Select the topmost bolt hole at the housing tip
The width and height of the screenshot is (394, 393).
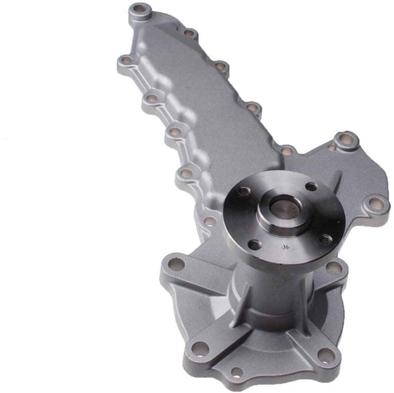[140, 8]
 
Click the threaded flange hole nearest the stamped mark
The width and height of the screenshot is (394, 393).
[255, 245]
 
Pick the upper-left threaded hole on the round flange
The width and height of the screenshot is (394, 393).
[245, 191]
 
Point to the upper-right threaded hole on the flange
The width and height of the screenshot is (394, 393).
[312, 186]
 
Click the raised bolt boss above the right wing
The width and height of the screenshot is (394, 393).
[346, 139]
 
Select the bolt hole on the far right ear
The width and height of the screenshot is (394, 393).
[376, 203]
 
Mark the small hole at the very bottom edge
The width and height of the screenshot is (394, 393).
[236, 373]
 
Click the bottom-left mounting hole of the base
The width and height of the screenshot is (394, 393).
[200, 349]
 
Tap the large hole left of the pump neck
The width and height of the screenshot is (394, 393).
[176, 264]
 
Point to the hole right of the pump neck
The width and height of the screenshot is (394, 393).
[334, 268]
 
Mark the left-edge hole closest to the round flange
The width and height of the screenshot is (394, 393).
[210, 221]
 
